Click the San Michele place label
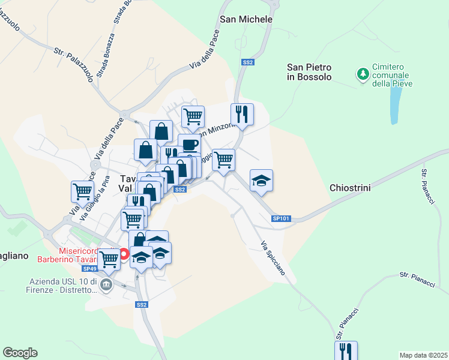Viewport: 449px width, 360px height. (x=246, y=19)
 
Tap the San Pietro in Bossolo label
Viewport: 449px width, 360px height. (x=309, y=71)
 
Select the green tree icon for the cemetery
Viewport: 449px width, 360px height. (x=363, y=74)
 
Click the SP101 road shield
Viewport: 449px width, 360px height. (x=280, y=219)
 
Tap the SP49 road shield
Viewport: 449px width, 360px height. (x=89, y=269)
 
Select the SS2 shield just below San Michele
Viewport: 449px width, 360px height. (x=248, y=62)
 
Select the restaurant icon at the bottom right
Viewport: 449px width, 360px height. (x=346, y=350)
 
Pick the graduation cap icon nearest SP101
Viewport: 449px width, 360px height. (x=261, y=181)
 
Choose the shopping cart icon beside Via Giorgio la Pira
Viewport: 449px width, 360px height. (x=82, y=191)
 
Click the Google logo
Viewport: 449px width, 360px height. (x=20, y=353)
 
